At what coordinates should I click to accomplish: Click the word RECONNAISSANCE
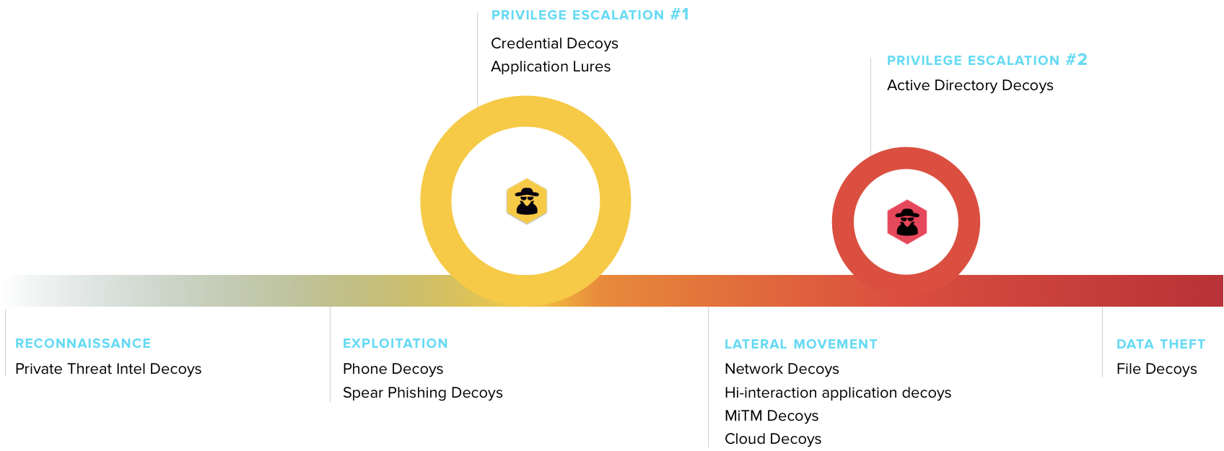tap(83, 343)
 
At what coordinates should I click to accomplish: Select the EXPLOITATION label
tap(395, 343)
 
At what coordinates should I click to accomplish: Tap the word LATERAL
tap(756, 344)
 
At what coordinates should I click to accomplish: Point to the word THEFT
tap(1183, 344)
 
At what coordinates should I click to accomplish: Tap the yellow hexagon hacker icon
tap(527, 201)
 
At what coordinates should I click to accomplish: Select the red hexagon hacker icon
tap(906, 222)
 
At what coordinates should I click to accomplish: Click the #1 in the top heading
tap(680, 14)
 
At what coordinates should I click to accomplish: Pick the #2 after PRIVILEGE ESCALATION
tap(1077, 59)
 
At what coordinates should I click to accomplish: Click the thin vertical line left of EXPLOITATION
tap(330, 361)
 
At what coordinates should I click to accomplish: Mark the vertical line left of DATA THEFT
tap(1102, 346)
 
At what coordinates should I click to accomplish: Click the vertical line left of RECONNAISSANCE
tap(5, 346)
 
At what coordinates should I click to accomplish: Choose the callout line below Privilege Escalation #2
tap(870, 108)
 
